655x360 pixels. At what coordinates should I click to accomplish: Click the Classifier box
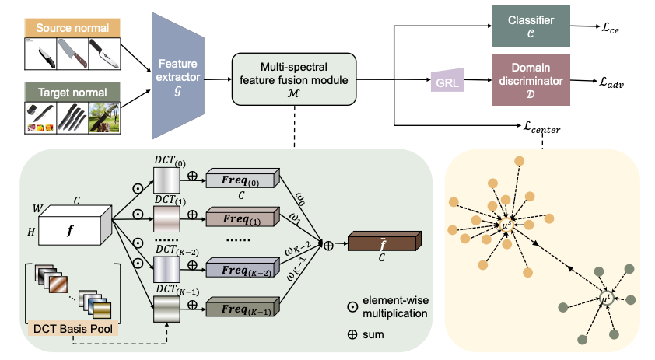(531, 26)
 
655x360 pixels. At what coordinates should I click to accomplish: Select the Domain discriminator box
(531, 80)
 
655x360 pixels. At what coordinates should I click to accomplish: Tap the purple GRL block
(447, 80)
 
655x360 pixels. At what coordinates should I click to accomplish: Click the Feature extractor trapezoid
(178, 75)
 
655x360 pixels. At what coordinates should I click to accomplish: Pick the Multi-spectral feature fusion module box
(294, 79)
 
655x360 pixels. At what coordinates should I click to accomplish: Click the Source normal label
(72, 28)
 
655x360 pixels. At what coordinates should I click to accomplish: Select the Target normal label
(72, 93)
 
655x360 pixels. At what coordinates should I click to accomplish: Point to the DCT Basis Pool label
(72, 329)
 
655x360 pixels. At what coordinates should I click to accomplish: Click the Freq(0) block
(243, 179)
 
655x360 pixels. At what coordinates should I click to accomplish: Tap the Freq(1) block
(243, 217)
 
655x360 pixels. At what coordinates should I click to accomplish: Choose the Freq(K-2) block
(243, 268)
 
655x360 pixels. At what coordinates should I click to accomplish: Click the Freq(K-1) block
(243, 307)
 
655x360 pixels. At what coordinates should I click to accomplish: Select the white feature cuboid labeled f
(75, 225)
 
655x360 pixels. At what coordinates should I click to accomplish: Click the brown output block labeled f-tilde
(384, 241)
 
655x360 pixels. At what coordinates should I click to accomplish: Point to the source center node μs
(506, 225)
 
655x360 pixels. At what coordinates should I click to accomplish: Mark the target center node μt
(605, 299)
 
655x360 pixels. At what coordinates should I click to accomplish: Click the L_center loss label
(541, 127)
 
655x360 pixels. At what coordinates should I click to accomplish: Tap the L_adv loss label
(611, 82)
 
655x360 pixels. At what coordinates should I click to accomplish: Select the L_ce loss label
(611, 28)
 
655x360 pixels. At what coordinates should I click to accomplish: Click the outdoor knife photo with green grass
(104, 117)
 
